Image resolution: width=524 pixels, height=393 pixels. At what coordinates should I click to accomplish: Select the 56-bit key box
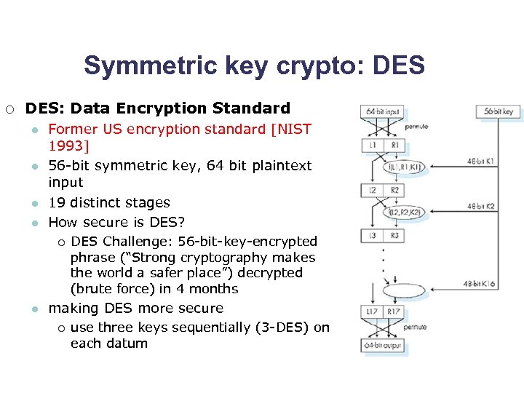[x=498, y=113]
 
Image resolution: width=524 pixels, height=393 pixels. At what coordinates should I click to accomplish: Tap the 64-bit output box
[x=382, y=344]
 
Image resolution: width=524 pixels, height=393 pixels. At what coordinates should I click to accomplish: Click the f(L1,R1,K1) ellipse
[x=405, y=167]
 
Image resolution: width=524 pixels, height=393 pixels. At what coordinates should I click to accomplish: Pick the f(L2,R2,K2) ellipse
[x=405, y=212]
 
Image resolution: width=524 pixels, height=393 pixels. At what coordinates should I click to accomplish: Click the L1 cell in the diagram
[x=371, y=146]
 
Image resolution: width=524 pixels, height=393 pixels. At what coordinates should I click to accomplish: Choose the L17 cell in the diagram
[x=371, y=311]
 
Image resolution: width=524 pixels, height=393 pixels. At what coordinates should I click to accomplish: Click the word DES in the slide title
[x=400, y=65]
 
